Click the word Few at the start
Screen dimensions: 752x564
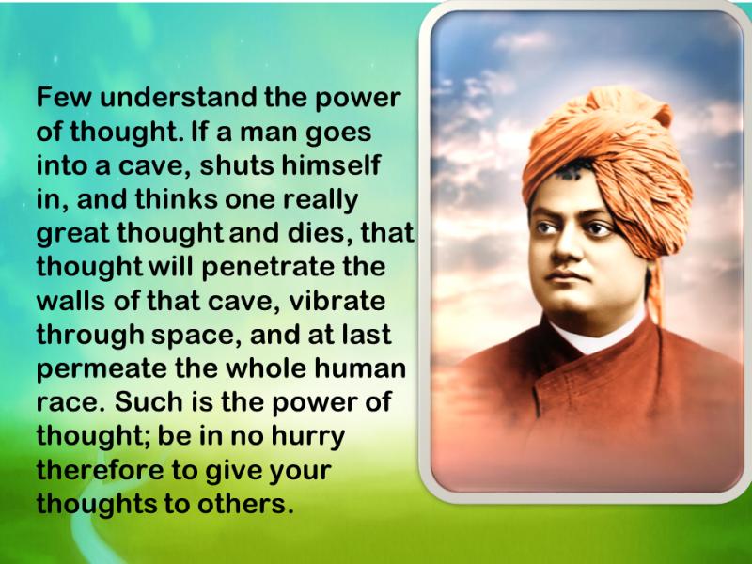pos(63,98)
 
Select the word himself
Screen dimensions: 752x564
pos(331,165)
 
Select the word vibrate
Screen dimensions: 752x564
pos(337,301)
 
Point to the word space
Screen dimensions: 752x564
pos(196,337)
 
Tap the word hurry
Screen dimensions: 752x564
pos(308,437)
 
